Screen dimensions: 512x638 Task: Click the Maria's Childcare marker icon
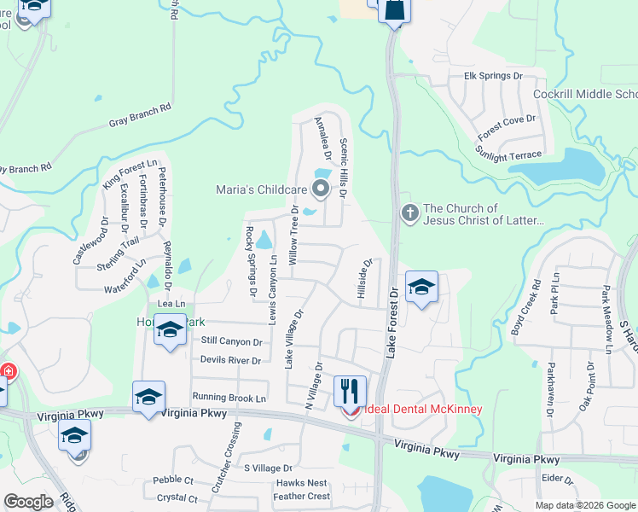pyautogui.click(x=321, y=188)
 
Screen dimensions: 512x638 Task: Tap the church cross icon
pyautogui.click(x=409, y=212)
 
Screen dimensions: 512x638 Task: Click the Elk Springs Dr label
pyautogui.click(x=493, y=76)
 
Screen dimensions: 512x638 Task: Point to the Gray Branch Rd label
pyautogui.click(x=140, y=115)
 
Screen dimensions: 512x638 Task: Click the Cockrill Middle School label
pyautogui.click(x=584, y=94)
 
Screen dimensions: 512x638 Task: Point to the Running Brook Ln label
pyautogui.click(x=229, y=398)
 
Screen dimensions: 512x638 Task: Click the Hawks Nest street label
pyautogui.click(x=302, y=483)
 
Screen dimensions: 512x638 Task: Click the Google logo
pyautogui.click(x=28, y=502)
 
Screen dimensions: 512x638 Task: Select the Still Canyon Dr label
pyautogui.click(x=230, y=340)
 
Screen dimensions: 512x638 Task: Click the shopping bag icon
pyautogui.click(x=395, y=11)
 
